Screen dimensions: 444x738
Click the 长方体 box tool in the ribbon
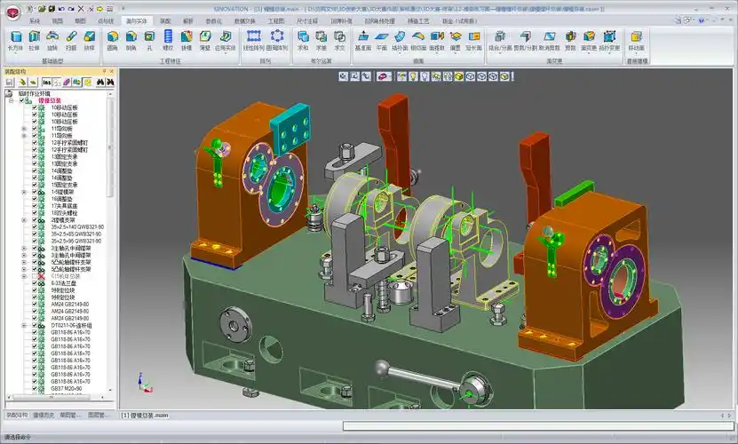[x=15, y=40]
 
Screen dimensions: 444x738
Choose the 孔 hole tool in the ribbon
[x=149, y=40]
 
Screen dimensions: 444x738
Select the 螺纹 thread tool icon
[x=168, y=40]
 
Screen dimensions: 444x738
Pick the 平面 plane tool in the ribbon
[x=381, y=40]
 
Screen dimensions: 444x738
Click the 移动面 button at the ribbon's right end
[x=637, y=40]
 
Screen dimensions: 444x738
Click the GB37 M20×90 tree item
[x=66, y=389]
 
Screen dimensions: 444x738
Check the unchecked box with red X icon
[x=35, y=277]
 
